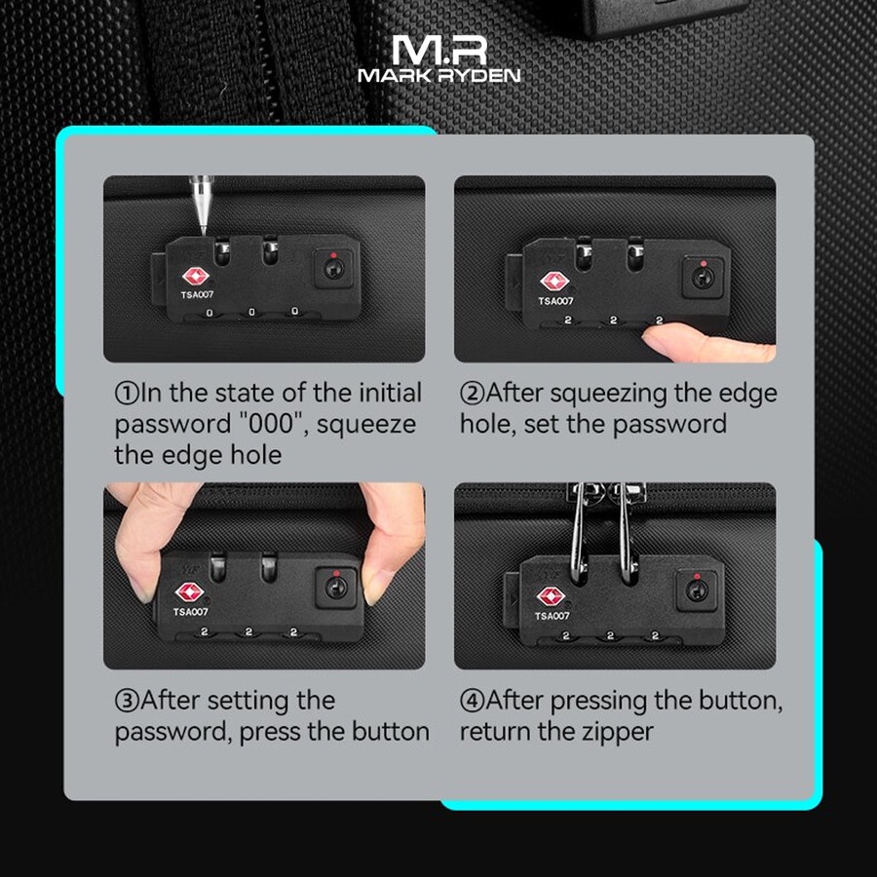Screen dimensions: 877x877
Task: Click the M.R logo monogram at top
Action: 438,49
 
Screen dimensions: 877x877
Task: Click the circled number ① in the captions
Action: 128,394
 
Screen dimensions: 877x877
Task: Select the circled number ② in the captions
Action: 472,394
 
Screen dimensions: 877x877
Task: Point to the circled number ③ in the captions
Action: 128,701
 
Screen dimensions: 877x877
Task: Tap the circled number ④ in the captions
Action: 472,701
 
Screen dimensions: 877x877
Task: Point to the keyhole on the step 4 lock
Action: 695,591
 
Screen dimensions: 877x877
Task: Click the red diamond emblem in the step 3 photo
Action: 188,592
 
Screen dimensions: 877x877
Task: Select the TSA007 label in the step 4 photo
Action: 552,616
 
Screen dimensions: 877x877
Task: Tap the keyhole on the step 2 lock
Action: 700,276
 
